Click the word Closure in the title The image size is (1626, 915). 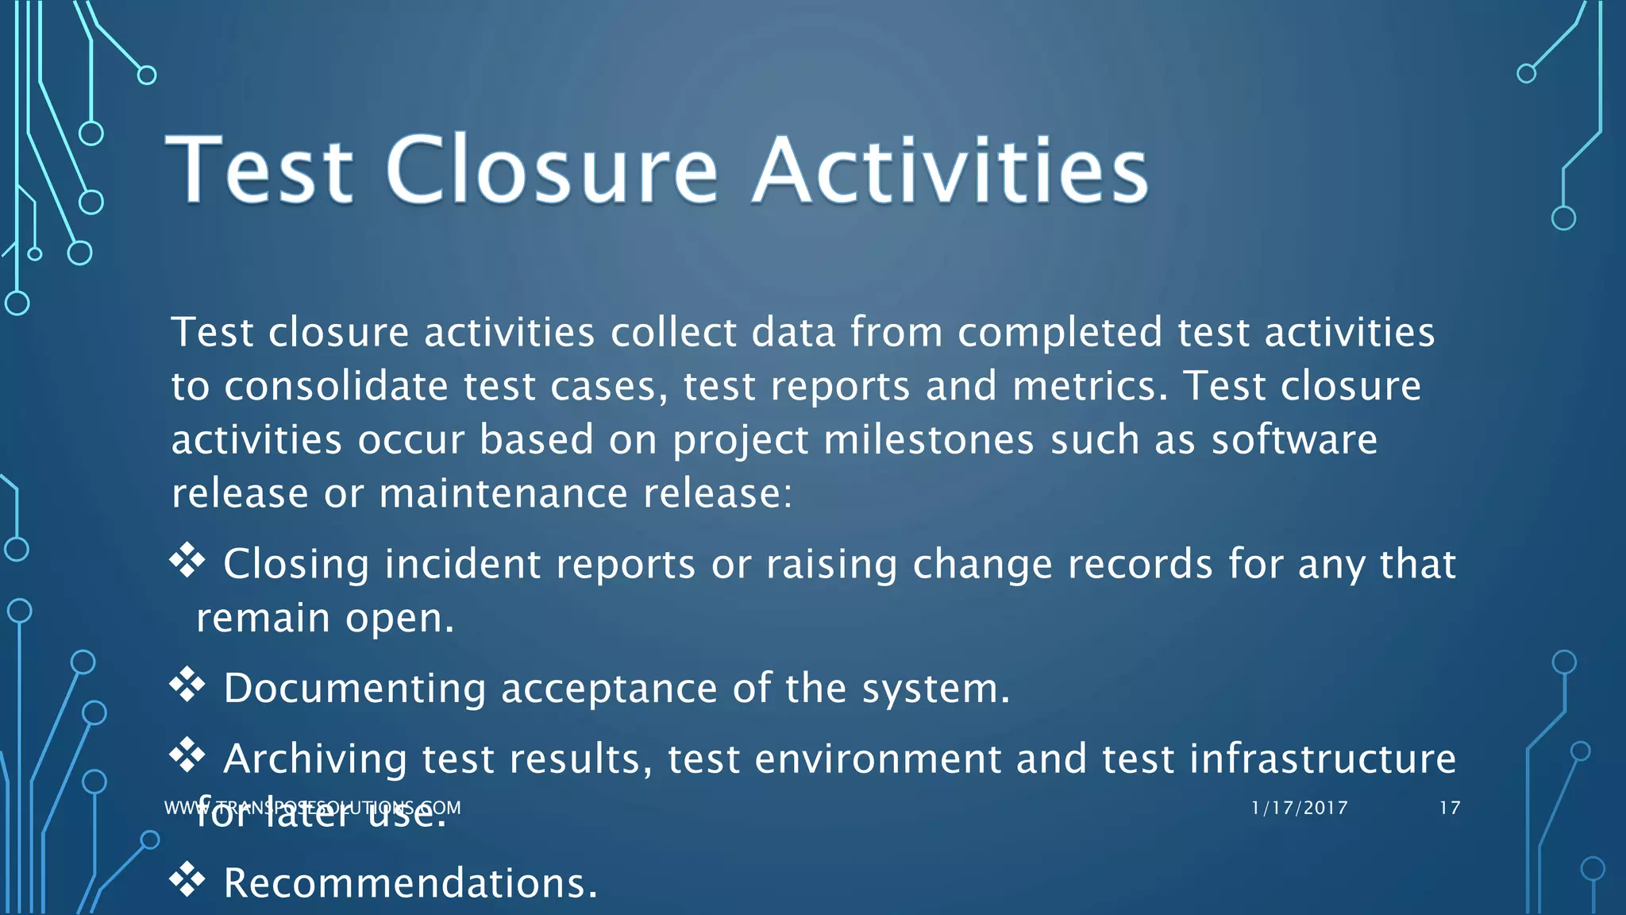point(552,170)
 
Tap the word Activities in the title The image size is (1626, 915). point(950,170)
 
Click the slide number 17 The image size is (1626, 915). point(1450,808)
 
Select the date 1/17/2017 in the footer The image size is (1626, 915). point(1299,808)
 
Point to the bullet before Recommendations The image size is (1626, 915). point(187,879)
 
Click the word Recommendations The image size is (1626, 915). point(410,883)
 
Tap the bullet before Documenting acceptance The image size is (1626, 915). point(187,684)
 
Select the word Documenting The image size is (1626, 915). point(355,688)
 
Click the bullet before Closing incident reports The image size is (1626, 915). point(187,560)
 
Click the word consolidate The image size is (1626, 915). point(336,386)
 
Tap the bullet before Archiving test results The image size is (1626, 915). point(187,755)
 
